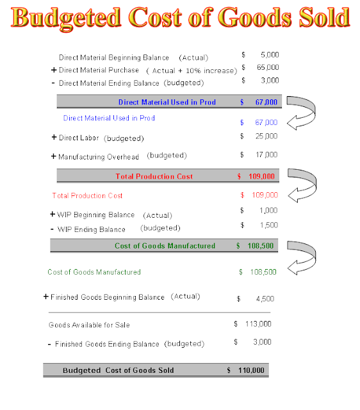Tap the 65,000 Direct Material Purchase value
(268, 67)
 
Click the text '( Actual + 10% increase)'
(192, 70)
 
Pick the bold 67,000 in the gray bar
(265, 102)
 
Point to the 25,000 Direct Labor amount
(266, 136)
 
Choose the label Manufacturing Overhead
(99, 156)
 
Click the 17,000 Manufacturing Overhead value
(266, 154)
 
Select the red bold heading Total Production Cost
(154, 176)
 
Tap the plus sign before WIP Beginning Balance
(52, 214)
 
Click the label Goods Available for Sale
(89, 325)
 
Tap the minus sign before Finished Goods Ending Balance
(50, 345)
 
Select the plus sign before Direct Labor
(54, 138)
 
